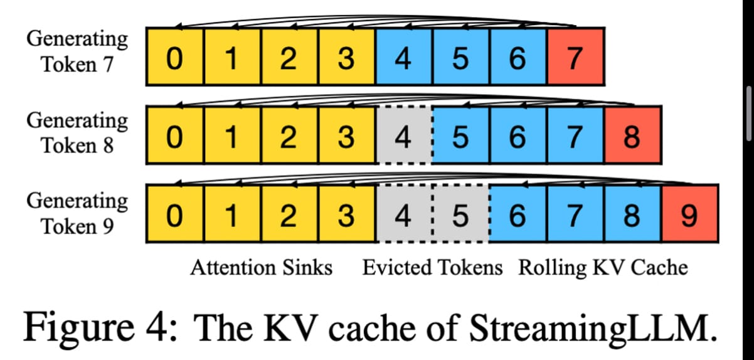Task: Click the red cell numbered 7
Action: tap(576, 56)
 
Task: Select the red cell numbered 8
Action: tap(632, 136)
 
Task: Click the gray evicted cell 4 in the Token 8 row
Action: tap(405, 136)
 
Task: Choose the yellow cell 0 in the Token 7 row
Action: tap(176, 56)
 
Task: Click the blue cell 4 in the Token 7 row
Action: tap(405, 56)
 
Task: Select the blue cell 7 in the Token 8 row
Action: tap(576, 136)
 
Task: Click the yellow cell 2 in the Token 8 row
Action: tap(290, 136)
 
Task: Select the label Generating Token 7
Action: tap(77, 51)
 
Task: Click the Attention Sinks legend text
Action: tap(261, 268)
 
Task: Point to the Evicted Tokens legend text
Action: tap(433, 268)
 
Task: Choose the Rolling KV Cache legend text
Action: tap(603, 268)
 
